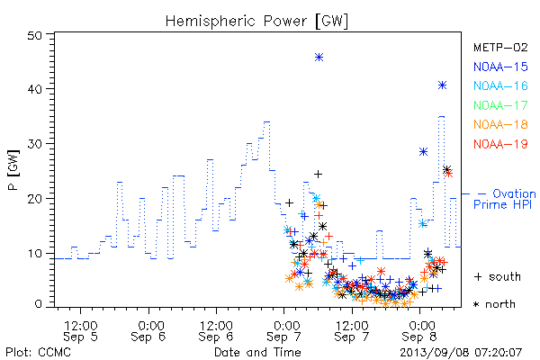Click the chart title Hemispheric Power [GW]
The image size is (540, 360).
pos(256,21)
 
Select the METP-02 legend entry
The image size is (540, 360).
pos(500,48)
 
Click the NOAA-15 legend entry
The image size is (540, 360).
pos(500,67)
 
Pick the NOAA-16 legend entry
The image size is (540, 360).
pos(500,85)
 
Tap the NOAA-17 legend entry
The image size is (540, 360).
pos(500,105)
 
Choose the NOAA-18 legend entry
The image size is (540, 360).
pos(500,124)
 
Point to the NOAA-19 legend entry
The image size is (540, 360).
pos(500,144)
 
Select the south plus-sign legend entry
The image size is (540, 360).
pos(498,276)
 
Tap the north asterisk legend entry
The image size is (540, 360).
pos(494,304)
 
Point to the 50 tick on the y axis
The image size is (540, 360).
pos(34,35)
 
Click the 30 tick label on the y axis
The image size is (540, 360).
pos(34,144)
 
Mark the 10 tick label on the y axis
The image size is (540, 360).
pos(34,254)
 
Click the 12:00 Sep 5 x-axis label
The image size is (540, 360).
pos(81,330)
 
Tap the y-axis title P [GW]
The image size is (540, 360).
pos(13,170)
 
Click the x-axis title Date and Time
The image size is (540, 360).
pos(257,352)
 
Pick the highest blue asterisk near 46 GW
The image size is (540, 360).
pos(319,58)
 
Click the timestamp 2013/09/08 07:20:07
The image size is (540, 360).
pos(461,353)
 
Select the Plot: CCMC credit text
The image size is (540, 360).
pos(38,353)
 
